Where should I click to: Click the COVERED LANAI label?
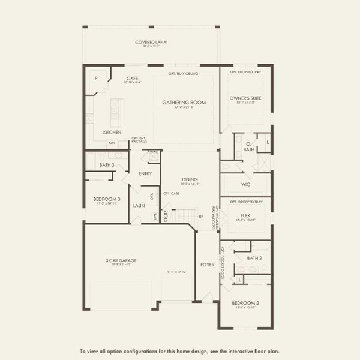click(x=151, y=42)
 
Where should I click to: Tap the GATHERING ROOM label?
click(x=184, y=103)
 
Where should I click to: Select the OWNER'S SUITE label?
click(x=245, y=98)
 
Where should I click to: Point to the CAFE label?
click(x=133, y=78)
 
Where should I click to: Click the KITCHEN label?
click(x=112, y=132)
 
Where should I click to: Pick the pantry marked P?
click(x=96, y=79)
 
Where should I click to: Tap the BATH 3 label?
click(x=107, y=164)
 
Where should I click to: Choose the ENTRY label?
click(x=145, y=173)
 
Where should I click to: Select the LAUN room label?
click(x=139, y=205)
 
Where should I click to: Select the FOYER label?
click(x=208, y=264)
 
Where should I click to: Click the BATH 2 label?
click(x=254, y=258)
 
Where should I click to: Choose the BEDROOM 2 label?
click(x=245, y=304)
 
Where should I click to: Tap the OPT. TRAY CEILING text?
click(x=184, y=74)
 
